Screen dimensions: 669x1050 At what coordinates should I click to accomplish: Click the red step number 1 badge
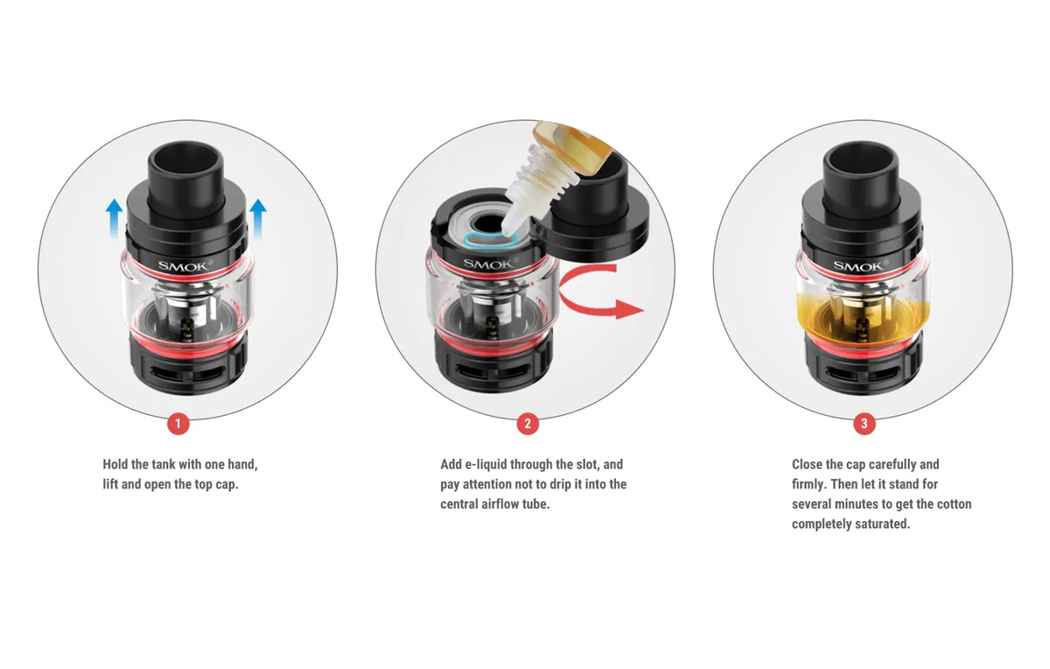coord(178,424)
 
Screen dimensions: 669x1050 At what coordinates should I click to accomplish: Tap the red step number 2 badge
coord(527,424)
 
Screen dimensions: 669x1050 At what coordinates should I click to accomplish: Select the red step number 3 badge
coord(864,424)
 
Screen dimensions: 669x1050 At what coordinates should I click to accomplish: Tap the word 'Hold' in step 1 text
coord(115,464)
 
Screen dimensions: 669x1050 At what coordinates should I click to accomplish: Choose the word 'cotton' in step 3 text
coord(954,504)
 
